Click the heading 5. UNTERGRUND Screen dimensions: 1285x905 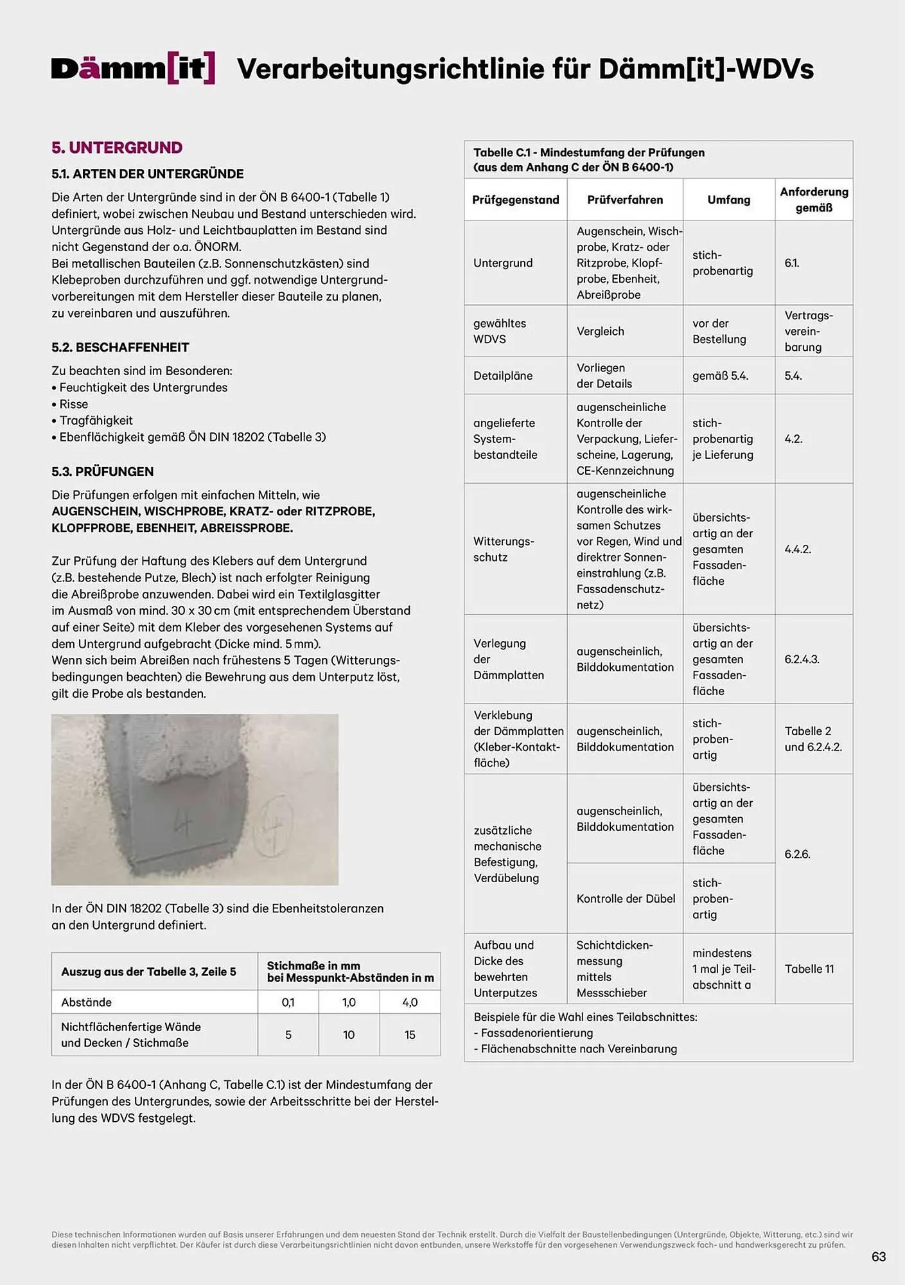(117, 148)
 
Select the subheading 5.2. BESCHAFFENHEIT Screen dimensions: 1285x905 (120, 348)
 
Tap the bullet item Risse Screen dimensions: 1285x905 (73, 404)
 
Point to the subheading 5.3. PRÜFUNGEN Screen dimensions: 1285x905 (103, 472)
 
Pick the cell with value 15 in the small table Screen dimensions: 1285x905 (410, 1035)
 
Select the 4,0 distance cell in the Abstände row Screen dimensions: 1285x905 (410, 1002)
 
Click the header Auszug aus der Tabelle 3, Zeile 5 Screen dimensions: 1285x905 (148, 971)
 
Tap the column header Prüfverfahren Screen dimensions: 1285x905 (624, 200)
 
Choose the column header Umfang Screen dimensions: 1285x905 (728, 200)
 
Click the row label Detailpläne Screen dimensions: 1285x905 (503, 376)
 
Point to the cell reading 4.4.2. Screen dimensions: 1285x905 (798, 549)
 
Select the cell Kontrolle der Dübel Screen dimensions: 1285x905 (626, 899)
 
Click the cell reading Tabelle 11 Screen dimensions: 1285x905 (809, 969)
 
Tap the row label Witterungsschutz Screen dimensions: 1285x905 (504, 549)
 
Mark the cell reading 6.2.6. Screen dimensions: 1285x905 (797, 854)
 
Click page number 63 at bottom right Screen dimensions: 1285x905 (878, 1257)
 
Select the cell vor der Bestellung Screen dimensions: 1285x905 (719, 332)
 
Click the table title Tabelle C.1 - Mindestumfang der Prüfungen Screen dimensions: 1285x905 (589, 153)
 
